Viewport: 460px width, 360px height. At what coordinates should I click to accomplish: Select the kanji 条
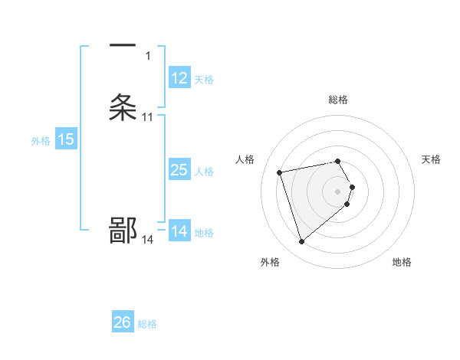tap(123, 108)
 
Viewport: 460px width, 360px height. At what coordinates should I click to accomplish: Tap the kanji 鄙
tap(123, 231)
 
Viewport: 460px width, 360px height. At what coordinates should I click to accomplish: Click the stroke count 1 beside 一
tap(148, 56)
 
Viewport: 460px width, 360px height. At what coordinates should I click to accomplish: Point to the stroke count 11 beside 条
tap(148, 117)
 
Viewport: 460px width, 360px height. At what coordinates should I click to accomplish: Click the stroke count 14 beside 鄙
tap(148, 240)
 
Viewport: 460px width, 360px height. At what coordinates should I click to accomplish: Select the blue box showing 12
tap(179, 78)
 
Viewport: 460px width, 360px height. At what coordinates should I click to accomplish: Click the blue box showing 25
tap(179, 170)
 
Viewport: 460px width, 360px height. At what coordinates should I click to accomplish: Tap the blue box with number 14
tap(179, 231)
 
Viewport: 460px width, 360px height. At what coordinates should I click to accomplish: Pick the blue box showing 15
tap(66, 139)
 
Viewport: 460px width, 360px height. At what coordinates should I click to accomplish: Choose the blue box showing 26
tap(123, 322)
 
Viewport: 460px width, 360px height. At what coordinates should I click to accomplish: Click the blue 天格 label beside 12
tap(204, 80)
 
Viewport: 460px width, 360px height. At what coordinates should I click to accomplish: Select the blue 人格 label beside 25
tap(204, 172)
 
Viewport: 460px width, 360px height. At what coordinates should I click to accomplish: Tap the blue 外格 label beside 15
tap(40, 141)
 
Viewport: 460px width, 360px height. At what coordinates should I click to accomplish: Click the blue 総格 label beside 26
tap(147, 324)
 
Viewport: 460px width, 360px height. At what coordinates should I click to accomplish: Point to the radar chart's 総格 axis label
tap(338, 100)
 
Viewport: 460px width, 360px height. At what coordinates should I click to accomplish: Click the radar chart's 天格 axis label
tap(432, 159)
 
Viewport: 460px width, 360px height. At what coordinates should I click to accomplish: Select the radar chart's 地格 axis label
tap(402, 263)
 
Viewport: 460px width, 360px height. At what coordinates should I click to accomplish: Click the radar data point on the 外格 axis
tap(302, 241)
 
